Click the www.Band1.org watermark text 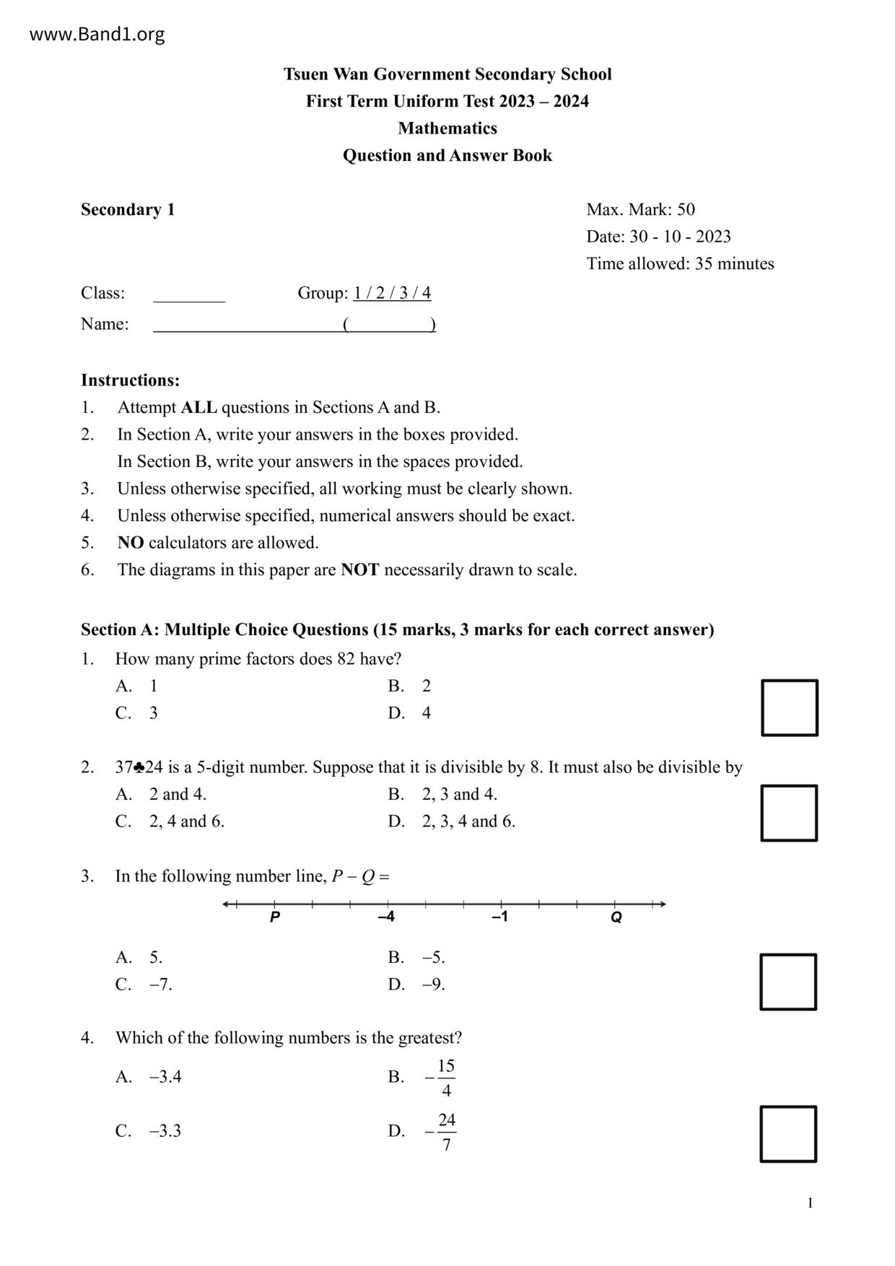(97, 35)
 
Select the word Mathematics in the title (447, 128)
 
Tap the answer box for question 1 (789, 707)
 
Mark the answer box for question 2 (789, 813)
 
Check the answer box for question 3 (788, 982)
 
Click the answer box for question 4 (788, 1134)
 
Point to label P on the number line (274, 917)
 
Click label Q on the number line (616, 917)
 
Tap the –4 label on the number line (387, 917)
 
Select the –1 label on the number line (500, 917)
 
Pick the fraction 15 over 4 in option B (446, 1078)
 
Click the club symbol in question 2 (139, 767)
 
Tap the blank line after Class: (189, 296)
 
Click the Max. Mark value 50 (686, 210)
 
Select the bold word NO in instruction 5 (131, 543)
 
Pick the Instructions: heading (130, 380)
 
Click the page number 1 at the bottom (810, 1202)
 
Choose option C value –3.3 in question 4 (165, 1131)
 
